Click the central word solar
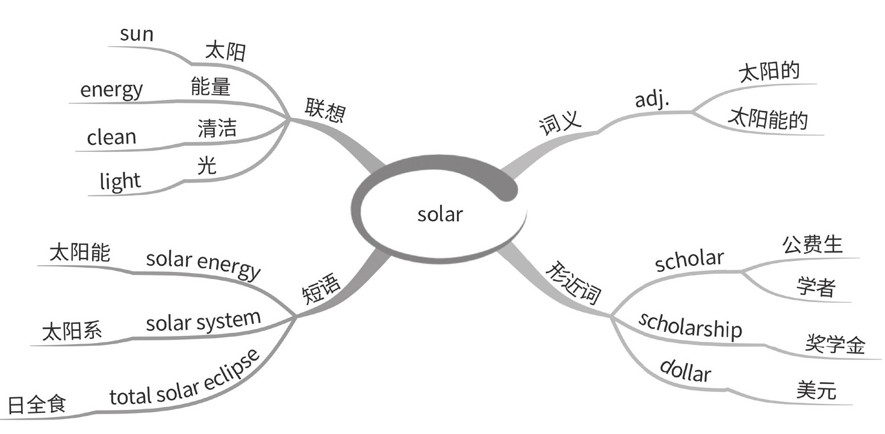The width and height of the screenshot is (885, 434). pos(440,214)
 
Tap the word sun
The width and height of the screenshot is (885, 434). pos(137,34)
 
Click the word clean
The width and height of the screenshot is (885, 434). pos(112,137)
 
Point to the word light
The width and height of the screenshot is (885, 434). pos(120,181)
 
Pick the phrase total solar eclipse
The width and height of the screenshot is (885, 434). pos(185,379)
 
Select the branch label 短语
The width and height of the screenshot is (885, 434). pos(321,288)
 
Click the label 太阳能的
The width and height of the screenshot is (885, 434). pos(767,119)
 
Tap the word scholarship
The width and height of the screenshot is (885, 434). pos(690,326)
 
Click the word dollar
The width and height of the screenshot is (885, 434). pos(685,370)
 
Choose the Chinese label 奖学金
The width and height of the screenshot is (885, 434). pos(835,344)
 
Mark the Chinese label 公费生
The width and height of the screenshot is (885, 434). pos(812,245)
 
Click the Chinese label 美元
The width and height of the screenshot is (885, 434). pos(816,391)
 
